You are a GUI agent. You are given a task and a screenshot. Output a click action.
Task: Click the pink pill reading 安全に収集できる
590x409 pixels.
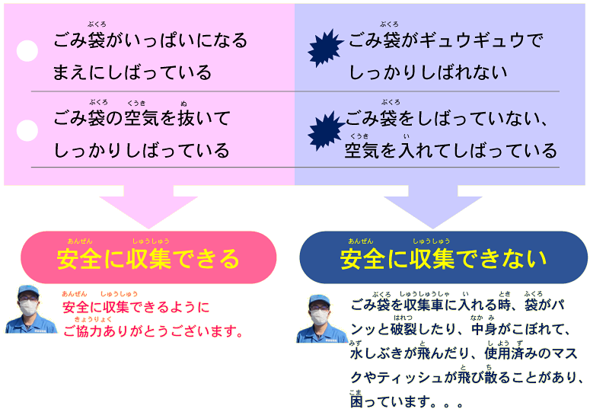click(148, 258)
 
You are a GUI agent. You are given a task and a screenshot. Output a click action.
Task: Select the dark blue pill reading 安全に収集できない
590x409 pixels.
click(443, 258)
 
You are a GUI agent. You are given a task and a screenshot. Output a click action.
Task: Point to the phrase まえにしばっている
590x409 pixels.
click(132, 72)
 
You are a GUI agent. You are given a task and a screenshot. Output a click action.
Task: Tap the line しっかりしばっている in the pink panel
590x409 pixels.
click(142, 150)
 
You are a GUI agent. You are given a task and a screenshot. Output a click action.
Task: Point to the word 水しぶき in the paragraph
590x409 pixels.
click(380, 354)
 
